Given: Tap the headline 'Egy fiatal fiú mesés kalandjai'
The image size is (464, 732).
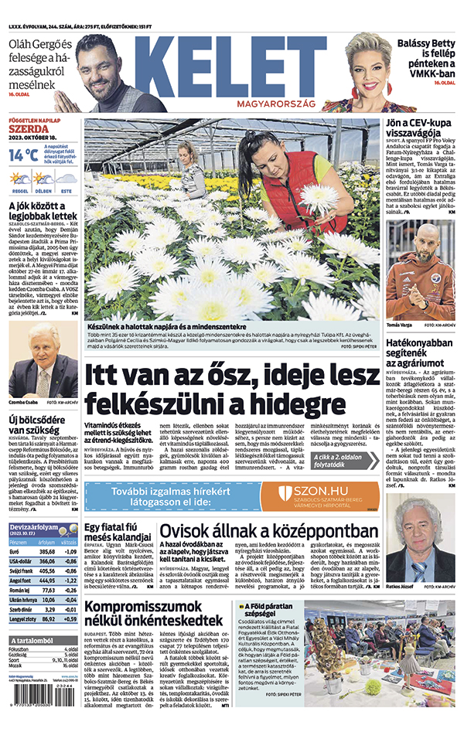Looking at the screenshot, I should (x=117, y=532).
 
